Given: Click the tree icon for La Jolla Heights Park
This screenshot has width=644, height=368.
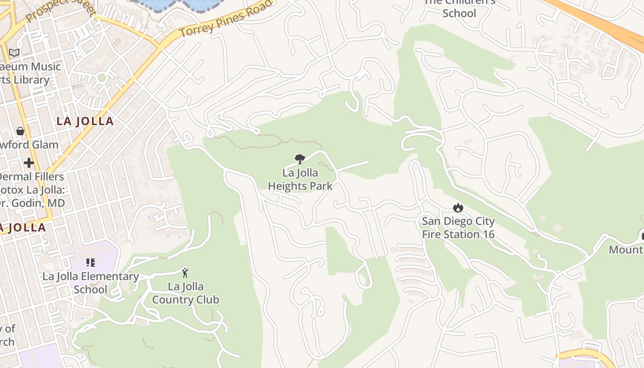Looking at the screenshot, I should pos(300,159).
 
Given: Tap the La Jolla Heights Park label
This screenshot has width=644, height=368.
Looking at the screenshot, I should pos(300,180).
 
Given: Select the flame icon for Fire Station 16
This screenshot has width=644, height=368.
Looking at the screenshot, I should pos(458,207).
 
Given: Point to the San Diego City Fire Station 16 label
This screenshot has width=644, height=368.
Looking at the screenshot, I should pos(458,228).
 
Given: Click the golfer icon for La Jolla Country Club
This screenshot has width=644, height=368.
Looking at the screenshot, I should pos(185,272).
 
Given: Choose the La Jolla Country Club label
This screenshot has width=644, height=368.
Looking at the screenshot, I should pos(185,293).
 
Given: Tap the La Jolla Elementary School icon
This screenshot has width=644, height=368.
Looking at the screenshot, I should pos(91,263).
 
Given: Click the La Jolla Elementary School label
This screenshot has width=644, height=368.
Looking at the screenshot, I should pos(91,283).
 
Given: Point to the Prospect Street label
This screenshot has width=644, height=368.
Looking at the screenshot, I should pos(59,9).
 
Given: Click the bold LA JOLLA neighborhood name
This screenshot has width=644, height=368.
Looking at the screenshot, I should pos(85,121).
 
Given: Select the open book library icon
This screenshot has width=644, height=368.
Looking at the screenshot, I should pos(14,53).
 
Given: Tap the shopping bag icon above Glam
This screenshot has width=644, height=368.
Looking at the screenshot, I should pos(20,131).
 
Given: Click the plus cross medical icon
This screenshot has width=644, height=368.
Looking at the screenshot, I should pos(29,163).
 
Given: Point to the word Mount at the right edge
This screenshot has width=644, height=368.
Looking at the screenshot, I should pos(626,250).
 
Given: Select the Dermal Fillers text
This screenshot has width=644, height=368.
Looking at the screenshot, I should pos(31,177).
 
